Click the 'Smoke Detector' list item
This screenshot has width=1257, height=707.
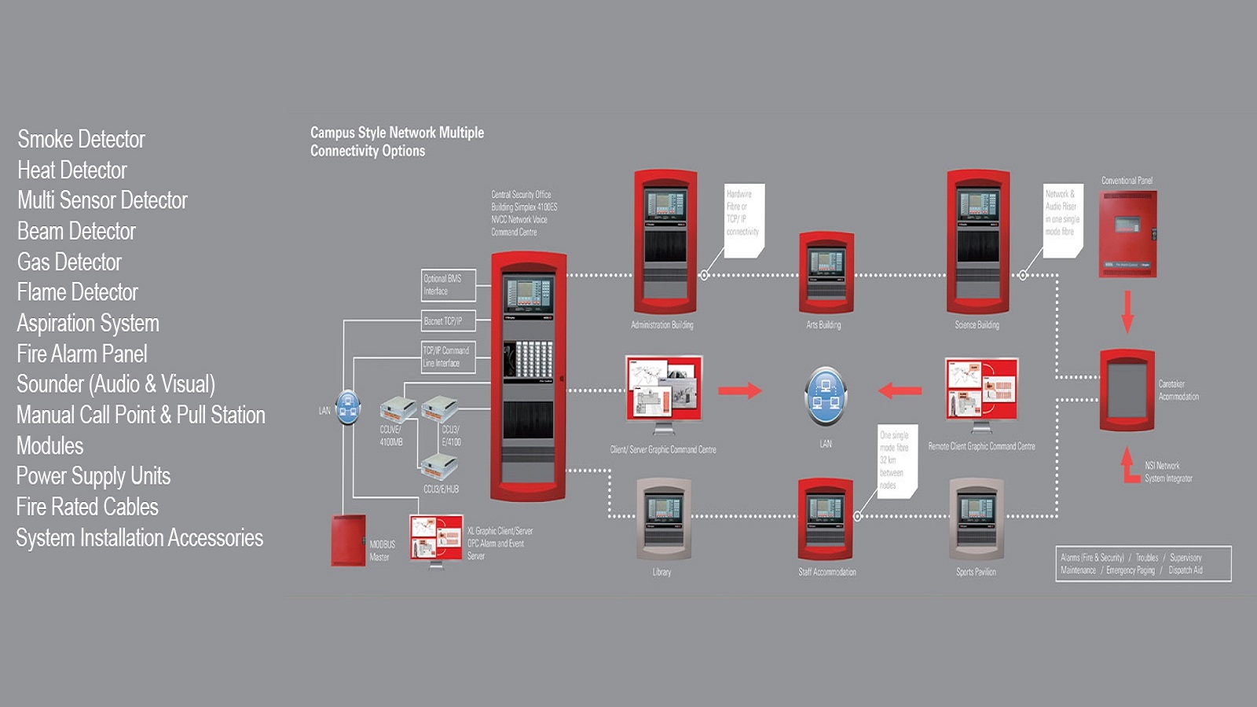pyautogui.click(x=81, y=139)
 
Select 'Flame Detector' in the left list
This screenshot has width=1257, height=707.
pyautogui.click(x=77, y=292)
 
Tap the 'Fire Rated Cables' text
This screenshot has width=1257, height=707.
pyautogui.click(x=87, y=507)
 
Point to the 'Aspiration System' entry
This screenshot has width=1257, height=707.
pyautogui.click(x=88, y=323)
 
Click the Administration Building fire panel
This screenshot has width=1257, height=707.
pyautogui.click(x=665, y=242)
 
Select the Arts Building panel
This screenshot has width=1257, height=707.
pyautogui.click(x=826, y=273)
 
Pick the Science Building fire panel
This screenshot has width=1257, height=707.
pyautogui.click(x=977, y=242)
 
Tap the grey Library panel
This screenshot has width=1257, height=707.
pyautogui.click(x=662, y=519)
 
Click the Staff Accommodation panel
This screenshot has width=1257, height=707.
pyautogui.click(x=825, y=519)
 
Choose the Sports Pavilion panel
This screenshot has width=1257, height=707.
pyautogui.click(x=976, y=519)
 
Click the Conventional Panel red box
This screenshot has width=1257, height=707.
pyautogui.click(x=1127, y=234)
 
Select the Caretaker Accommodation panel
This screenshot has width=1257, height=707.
pyautogui.click(x=1127, y=390)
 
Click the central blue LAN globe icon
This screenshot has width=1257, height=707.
pyautogui.click(x=825, y=395)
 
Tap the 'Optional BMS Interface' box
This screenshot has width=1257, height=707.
pyautogui.click(x=448, y=285)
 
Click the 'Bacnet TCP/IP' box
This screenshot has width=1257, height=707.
pyautogui.click(x=448, y=321)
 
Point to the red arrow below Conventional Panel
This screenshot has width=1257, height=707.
pyautogui.click(x=1127, y=311)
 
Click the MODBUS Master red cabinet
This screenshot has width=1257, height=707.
pyautogui.click(x=348, y=540)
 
